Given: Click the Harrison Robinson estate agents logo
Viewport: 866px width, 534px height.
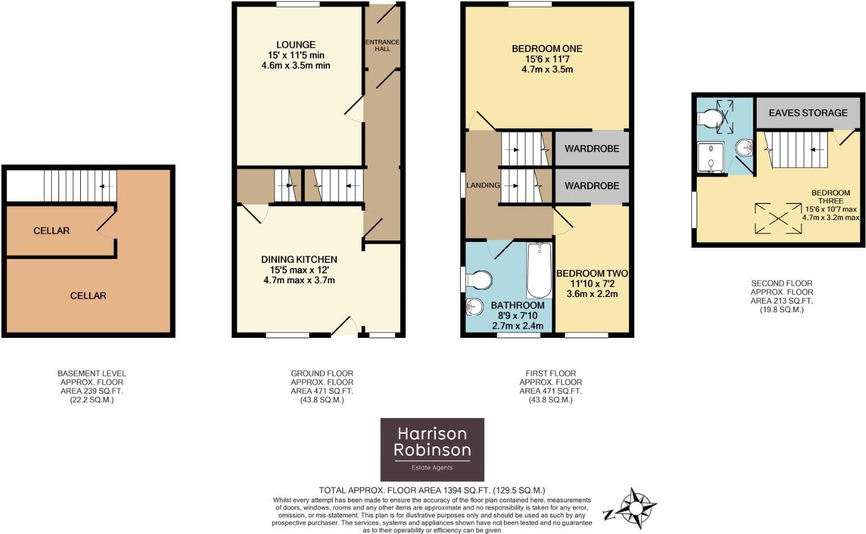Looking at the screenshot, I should tap(432, 449).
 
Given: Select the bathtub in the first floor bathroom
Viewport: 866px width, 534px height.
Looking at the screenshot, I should tap(539, 270).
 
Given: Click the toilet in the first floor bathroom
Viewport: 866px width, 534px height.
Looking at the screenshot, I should tap(478, 280).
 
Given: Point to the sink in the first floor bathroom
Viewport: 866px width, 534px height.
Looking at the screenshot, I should tap(475, 307).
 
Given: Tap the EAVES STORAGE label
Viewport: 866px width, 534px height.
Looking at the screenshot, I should tap(808, 113).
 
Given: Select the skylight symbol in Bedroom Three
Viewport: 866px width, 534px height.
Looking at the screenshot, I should tap(778, 218).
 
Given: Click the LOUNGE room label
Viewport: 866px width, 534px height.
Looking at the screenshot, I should tap(295, 45).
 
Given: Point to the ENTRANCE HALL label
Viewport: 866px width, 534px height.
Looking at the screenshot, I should tap(382, 45).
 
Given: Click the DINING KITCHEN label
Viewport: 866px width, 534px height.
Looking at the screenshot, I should tap(299, 259).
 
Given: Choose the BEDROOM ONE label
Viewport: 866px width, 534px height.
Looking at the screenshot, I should tap(547, 49).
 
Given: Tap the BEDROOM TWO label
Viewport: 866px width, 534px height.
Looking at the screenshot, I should tap(592, 273).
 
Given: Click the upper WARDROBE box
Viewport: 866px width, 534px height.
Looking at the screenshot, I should tap(591, 148).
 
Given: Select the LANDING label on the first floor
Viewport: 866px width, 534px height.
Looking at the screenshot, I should tap(483, 185).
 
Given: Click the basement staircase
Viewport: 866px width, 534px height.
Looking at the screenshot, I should tap(80, 185).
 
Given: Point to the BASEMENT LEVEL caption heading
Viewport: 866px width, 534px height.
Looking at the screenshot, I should tap(91, 373).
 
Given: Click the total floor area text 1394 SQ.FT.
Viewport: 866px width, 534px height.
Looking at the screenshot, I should tap(432, 490).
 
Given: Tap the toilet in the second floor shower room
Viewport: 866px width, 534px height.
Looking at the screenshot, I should tap(710, 118).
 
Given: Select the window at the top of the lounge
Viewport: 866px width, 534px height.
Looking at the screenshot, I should tap(298, 4).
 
